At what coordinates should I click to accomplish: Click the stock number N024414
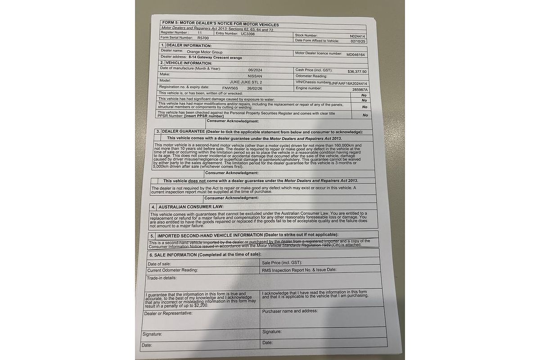coord(357,36)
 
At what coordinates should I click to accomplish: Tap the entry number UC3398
coord(247,33)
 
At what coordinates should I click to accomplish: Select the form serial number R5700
coord(203,38)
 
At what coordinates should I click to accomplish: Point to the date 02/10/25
coord(358,41)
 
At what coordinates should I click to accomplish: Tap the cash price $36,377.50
coord(357,72)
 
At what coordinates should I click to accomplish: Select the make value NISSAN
coord(255,76)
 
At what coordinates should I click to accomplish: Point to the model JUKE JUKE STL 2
coord(246,82)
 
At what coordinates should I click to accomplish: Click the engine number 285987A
coord(360,89)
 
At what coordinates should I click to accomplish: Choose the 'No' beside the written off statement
coord(364,95)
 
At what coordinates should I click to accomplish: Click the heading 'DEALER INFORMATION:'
coord(189,45)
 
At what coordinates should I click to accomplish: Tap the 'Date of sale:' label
coord(159,263)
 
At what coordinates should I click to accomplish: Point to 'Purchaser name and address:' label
coord(290,310)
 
